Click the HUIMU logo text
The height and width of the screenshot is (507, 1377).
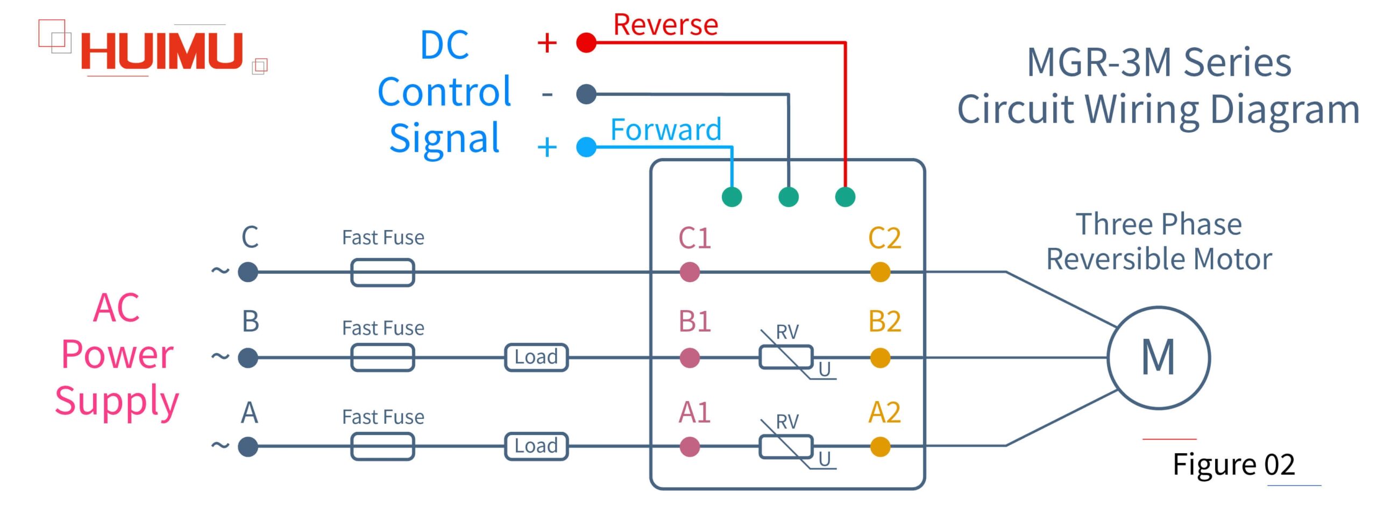(x=161, y=52)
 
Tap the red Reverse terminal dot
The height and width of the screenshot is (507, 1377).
(x=586, y=42)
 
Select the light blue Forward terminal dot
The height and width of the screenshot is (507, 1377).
(x=586, y=147)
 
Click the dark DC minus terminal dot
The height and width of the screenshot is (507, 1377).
(x=586, y=94)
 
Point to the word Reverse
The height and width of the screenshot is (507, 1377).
(x=665, y=25)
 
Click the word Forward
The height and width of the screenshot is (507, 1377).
(x=665, y=130)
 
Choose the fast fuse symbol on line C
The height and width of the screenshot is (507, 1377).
(x=382, y=273)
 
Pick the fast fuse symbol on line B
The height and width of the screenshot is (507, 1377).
(x=382, y=358)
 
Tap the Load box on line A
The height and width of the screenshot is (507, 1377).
(x=536, y=446)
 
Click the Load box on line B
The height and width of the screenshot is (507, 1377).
(x=536, y=358)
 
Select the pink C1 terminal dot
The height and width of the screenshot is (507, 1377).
(x=690, y=272)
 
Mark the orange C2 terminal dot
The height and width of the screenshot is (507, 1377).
(x=880, y=272)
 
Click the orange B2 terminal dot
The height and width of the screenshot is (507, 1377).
(x=880, y=358)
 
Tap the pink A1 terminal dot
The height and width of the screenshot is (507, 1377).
(x=690, y=447)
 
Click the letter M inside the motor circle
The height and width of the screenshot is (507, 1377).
(x=1158, y=357)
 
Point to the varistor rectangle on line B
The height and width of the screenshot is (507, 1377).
(x=786, y=358)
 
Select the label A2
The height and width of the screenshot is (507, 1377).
(x=884, y=413)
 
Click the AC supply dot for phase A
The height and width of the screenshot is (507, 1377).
(x=248, y=447)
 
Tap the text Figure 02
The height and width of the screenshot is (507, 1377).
(x=1233, y=465)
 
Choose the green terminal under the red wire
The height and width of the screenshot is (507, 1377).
(x=845, y=197)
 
